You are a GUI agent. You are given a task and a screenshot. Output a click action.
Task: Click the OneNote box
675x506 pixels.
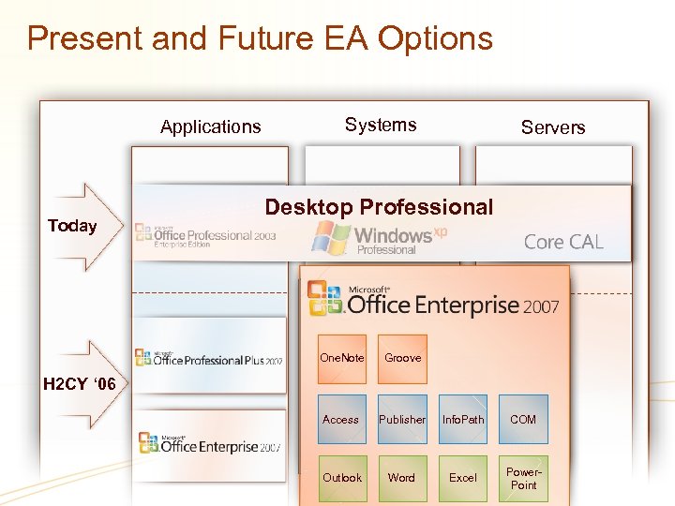[x=342, y=359]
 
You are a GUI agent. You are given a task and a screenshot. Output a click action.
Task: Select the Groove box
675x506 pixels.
[x=402, y=359]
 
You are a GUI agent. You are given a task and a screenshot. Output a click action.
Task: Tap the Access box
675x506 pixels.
[x=341, y=420]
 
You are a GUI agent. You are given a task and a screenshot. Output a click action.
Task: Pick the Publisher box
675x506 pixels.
[x=402, y=420]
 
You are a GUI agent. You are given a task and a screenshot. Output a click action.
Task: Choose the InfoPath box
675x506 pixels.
[x=463, y=420]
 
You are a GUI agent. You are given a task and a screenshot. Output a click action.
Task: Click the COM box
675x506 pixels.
[x=523, y=420]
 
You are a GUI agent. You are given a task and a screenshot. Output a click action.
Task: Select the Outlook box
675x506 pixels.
[x=341, y=478]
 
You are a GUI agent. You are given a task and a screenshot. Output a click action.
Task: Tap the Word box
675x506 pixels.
[x=402, y=478]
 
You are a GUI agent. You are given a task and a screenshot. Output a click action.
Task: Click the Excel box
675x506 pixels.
[x=463, y=478]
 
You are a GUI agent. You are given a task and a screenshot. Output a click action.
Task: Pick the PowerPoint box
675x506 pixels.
[x=523, y=478]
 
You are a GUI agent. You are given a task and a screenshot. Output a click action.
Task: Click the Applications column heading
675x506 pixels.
[x=211, y=126]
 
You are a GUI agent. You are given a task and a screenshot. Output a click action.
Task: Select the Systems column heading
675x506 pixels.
[x=381, y=125]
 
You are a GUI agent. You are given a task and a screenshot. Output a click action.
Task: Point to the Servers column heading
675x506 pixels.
[x=553, y=127]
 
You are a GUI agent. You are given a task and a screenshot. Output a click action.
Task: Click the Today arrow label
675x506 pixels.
[x=72, y=226]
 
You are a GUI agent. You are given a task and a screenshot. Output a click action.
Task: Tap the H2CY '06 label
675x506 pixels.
[x=80, y=384]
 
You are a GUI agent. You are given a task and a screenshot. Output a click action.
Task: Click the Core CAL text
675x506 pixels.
[x=563, y=242]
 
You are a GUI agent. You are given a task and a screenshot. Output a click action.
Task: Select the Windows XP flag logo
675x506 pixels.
[x=331, y=237]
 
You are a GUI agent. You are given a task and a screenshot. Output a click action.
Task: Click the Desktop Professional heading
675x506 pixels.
[x=379, y=207]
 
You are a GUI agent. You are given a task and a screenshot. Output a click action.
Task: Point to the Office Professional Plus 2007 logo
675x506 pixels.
[x=208, y=358]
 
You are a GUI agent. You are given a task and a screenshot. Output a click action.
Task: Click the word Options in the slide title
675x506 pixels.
[x=436, y=38]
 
